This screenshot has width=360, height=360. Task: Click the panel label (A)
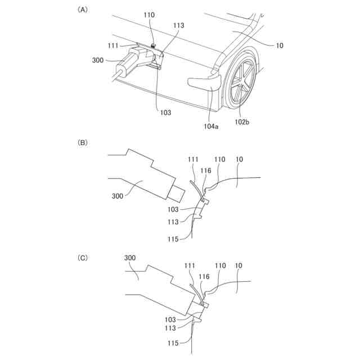click(x=83, y=10)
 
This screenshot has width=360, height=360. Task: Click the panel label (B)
click(x=83, y=143)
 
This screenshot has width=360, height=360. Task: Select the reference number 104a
click(x=211, y=127)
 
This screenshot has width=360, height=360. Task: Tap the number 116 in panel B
click(x=205, y=169)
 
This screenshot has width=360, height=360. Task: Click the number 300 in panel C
click(x=130, y=257)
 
